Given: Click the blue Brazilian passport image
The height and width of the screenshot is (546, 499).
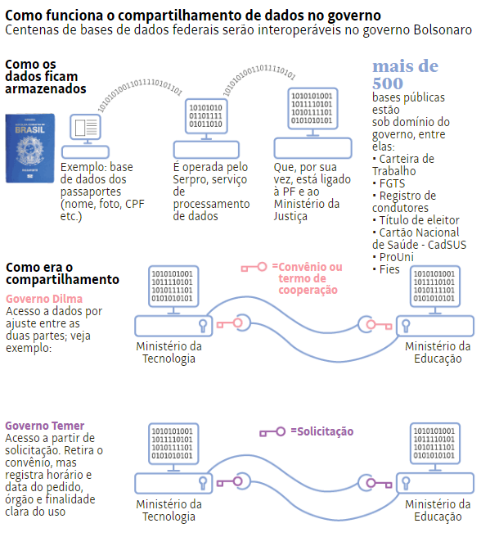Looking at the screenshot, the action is (30, 148).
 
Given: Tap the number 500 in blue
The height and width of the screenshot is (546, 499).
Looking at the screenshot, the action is (388, 83).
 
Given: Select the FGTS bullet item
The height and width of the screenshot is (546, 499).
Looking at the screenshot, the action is (389, 183).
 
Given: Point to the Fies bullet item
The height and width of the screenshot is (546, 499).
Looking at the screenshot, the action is (386, 269).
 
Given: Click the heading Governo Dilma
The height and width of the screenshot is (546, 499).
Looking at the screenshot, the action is (44, 299).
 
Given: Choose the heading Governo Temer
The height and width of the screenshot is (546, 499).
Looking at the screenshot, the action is (44, 426).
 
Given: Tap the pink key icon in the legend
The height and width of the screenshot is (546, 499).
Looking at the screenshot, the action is (254, 268).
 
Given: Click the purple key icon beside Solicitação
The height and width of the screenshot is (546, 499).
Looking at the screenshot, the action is (272, 432).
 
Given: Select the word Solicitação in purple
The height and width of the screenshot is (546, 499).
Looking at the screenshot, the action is (325, 431).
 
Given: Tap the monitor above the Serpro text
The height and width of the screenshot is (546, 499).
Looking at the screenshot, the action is (206, 119).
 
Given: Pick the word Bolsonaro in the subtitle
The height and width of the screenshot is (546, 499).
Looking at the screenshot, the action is (443, 30).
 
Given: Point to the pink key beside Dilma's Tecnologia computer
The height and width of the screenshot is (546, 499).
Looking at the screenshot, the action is (229, 324).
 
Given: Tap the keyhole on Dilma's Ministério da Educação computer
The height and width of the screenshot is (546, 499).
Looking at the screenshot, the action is (406, 326).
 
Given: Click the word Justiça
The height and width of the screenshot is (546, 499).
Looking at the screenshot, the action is (290, 216).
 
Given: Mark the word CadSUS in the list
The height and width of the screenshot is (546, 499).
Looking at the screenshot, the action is (447, 245).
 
